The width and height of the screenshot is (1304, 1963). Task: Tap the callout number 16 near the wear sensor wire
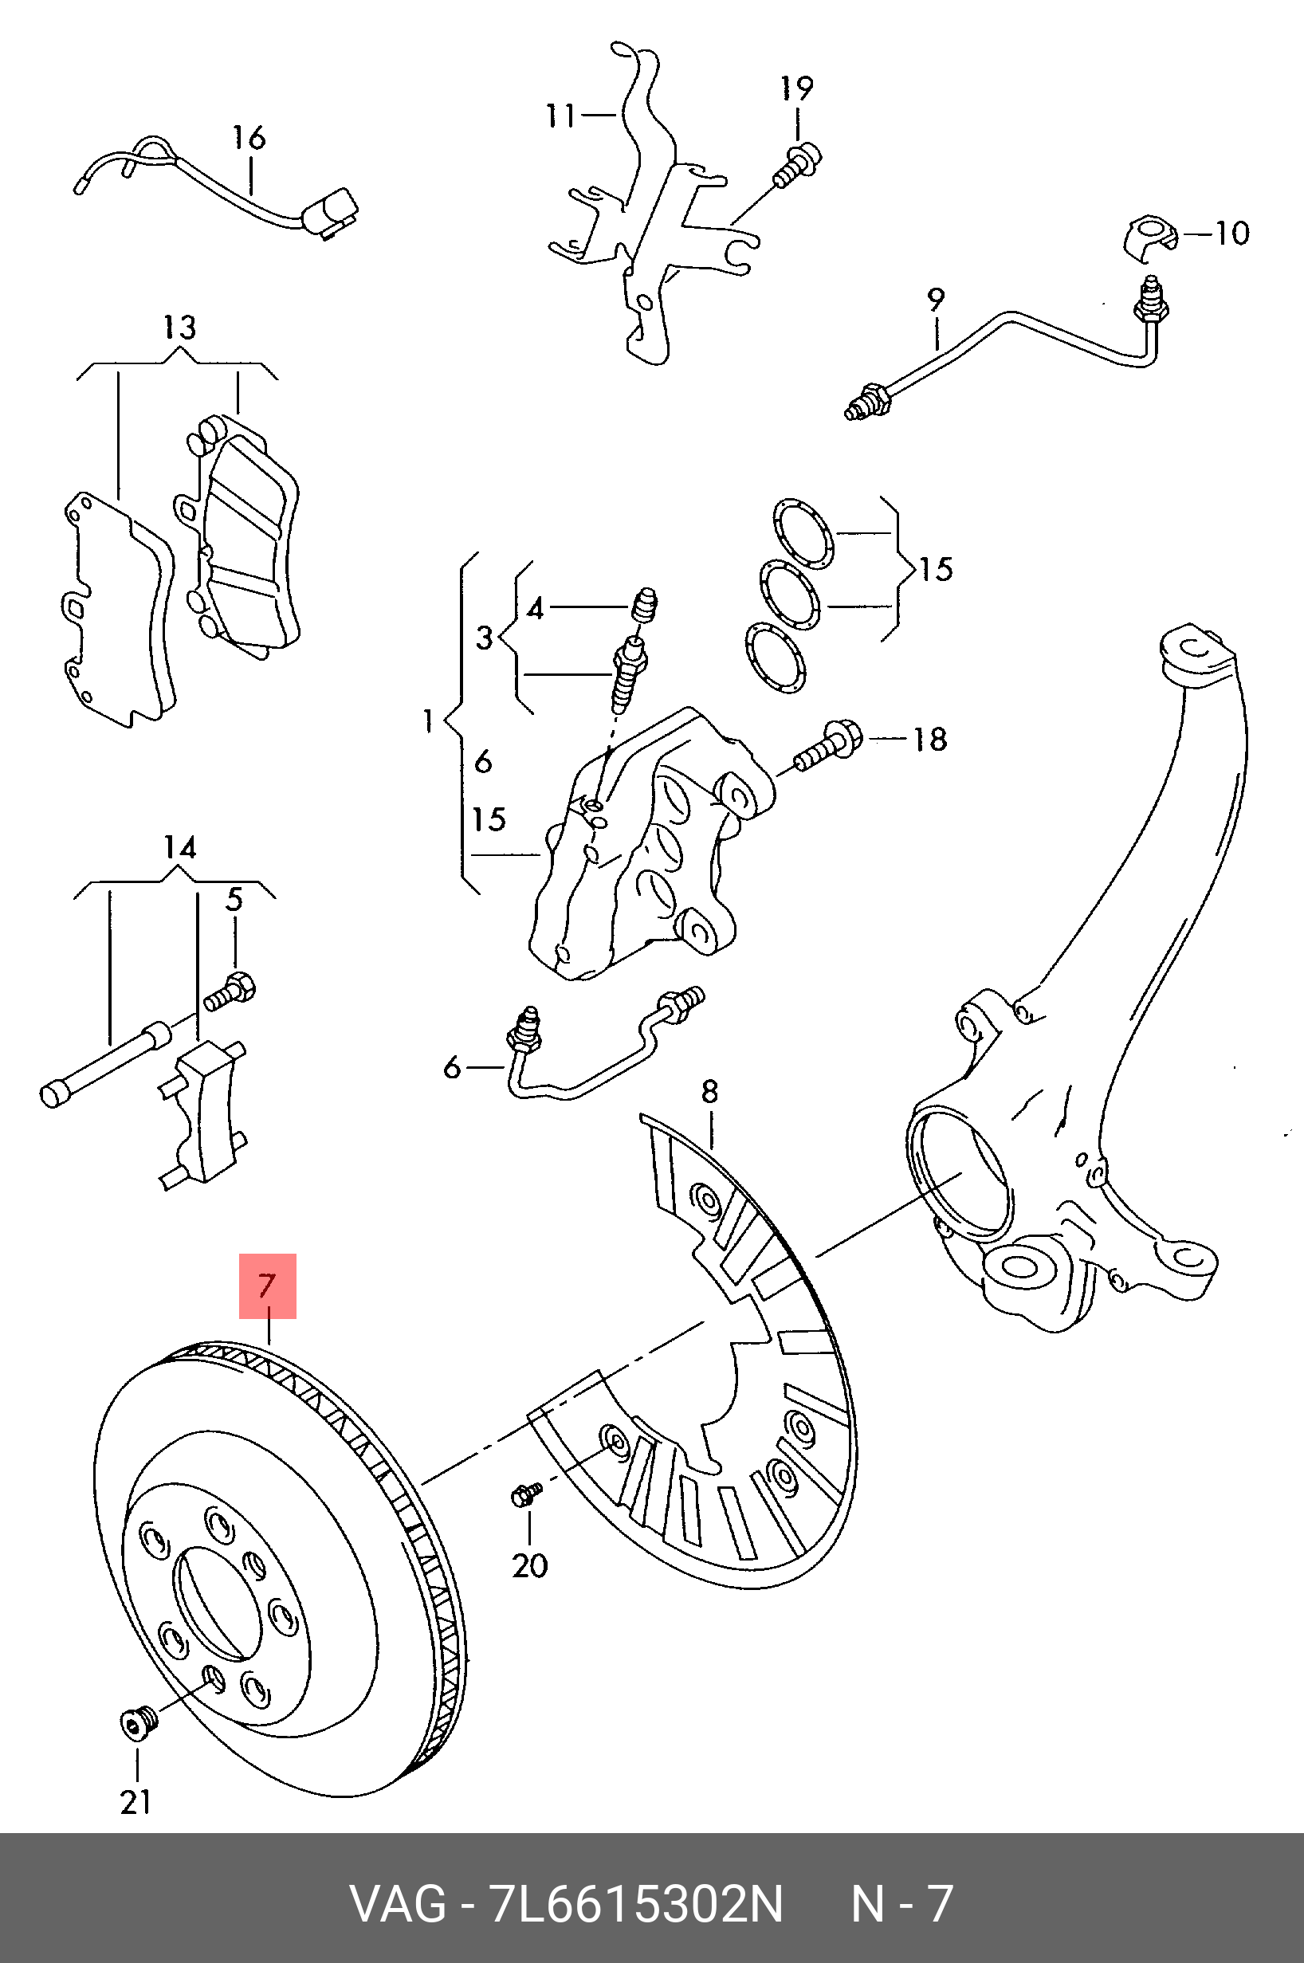click(x=248, y=138)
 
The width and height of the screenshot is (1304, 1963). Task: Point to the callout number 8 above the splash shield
click(x=709, y=1092)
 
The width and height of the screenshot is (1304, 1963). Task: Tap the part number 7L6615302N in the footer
click(x=636, y=1904)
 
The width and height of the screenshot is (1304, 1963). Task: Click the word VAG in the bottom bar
click(x=398, y=1904)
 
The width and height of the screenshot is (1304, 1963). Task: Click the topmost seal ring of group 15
click(x=803, y=535)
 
